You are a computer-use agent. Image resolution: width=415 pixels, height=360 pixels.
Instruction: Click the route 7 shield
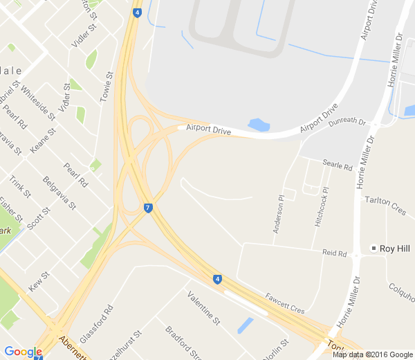pyautogui.click(x=148, y=208)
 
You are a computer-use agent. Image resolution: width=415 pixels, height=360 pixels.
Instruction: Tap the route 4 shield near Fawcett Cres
pyautogui.click(x=217, y=279)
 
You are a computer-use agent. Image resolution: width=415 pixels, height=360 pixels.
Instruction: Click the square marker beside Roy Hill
pyautogui.click(x=373, y=249)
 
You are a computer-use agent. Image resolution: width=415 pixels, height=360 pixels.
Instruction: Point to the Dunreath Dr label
pyautogui.click(x=347, y=121)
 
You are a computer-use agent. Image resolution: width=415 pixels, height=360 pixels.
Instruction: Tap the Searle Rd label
pyautogui.click(x=338, y=165)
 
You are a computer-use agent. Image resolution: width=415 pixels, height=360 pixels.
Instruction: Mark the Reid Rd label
pyautogui.click(x=334, y=253)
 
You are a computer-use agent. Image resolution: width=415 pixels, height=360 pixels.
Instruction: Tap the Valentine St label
pyautogui.click(x=204, y=309)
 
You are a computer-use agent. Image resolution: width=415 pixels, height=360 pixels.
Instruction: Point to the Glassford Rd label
pyautogui.click(x=96, y=318)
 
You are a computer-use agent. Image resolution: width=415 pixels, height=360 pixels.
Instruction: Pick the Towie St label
pyautogui.click(x=106, y=87)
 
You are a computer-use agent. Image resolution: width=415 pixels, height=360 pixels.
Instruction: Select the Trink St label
pyautogui.click(x=20, y=187)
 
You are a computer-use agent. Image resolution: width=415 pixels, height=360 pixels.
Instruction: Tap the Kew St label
pyautogui.click(x=39, y=280)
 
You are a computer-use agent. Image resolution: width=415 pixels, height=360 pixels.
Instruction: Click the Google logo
pyautogui.click(x=23, y=352)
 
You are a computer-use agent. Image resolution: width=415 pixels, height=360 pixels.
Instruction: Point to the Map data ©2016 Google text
pyautogui.click(x=372, y=354)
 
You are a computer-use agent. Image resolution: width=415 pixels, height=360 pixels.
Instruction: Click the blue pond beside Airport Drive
pyautogui.click(x=258, y=125)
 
